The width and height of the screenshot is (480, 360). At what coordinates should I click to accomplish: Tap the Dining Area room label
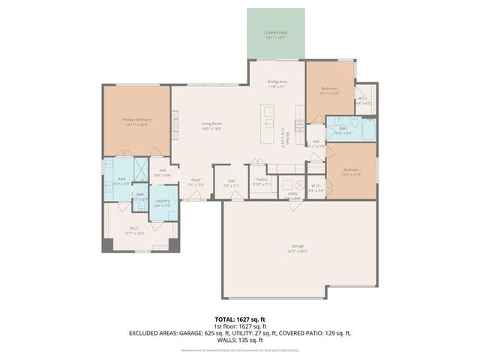[x=277, y=84]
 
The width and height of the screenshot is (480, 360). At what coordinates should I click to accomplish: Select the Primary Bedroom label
[x=137, y=122]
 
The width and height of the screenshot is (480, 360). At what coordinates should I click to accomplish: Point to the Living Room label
[x=211, y=126]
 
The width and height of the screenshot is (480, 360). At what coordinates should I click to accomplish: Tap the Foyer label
[x=196, y=181]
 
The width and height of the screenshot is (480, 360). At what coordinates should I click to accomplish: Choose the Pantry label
[x=262, y=181]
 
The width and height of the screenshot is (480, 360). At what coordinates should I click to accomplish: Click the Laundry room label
[x=162, y=202]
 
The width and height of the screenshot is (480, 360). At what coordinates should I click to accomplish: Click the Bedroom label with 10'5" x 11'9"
[x=351, y=172]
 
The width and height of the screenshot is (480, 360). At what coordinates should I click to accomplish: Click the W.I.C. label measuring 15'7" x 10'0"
[x=135, y=230]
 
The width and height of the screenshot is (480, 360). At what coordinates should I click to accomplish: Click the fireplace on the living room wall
[x=176, y=120]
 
